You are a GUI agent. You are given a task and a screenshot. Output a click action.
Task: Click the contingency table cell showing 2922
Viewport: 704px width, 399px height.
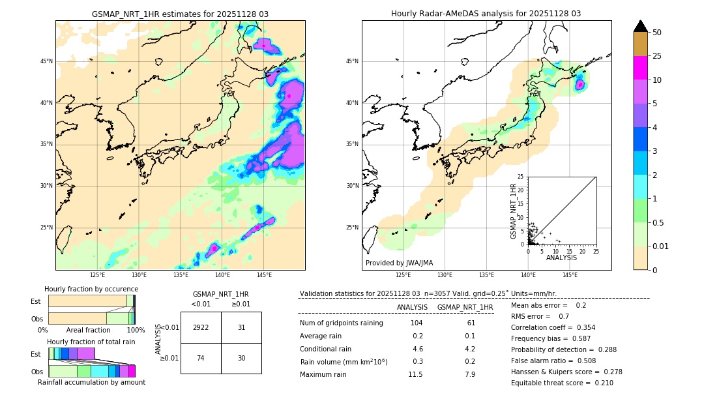(201, 327)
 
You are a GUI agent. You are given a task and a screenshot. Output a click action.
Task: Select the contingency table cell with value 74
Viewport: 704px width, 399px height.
(201, 358)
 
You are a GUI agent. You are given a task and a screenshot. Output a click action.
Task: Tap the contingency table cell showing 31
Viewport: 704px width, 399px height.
(241, 327)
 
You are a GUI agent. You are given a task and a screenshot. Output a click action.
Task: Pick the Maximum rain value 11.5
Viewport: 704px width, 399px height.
(415, 374)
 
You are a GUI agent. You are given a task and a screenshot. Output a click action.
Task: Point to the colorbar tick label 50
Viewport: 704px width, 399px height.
(657, 33)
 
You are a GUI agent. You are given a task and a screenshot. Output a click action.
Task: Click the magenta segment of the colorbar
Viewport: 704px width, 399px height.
(640, 68)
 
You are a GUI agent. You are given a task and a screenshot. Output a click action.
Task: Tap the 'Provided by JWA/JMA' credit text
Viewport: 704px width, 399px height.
(399, 263)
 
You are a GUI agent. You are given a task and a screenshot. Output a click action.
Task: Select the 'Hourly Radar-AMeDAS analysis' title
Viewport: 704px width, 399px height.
(486, 14)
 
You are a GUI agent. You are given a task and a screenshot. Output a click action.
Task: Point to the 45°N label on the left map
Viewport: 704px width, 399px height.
(46, 61)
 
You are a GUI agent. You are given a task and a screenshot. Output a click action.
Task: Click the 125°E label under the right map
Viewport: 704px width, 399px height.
(403, 275)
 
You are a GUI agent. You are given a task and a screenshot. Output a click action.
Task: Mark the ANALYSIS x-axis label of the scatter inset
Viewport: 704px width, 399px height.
(561, 258)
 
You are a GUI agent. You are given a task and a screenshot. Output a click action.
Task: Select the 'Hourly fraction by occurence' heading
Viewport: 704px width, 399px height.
(91, 289)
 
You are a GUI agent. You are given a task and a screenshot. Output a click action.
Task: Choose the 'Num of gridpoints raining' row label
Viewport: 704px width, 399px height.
(342, 323)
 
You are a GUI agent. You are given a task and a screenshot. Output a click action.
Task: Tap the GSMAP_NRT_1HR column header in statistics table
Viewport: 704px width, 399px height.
(465, 307)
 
